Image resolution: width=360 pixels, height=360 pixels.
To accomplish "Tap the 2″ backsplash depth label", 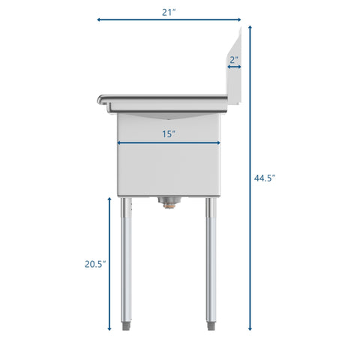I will pos(234,58).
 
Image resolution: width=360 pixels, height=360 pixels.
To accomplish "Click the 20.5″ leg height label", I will pos(94,263).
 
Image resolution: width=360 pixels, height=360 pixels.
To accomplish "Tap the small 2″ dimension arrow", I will pos(234,67).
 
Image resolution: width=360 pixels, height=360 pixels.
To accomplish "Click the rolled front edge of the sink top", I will pos(102,98).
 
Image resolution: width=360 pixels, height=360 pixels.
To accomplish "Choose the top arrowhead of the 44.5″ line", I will pos(250,27).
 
